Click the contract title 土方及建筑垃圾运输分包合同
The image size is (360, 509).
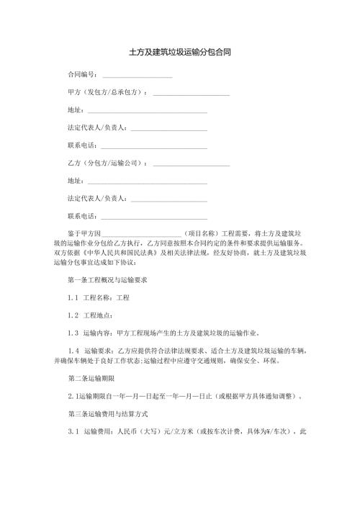(x=179, y=53)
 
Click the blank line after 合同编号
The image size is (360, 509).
(x=138, y=76)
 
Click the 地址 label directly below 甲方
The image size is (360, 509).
(x=74, y=110)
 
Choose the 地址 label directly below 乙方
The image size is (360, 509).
(x=74, y=181)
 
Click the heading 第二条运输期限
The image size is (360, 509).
(x=91, y=379)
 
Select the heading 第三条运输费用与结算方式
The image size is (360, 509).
(x=107, y=414)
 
